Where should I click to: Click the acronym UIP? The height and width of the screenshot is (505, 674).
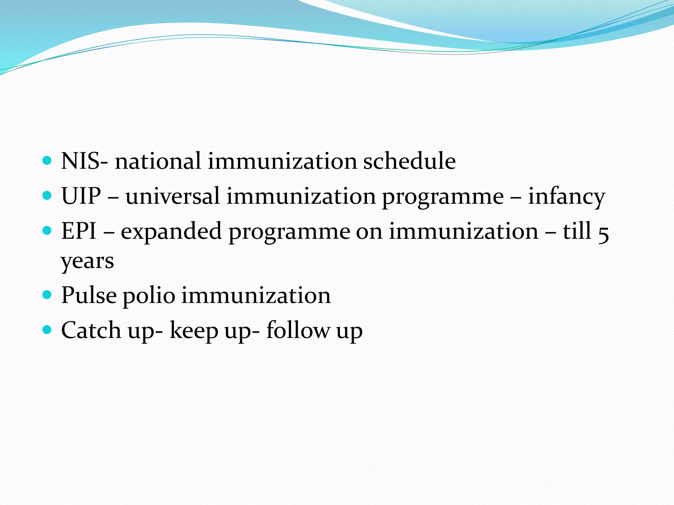(x=81, y=196)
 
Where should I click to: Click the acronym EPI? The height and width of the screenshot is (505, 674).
(x=79, y=231)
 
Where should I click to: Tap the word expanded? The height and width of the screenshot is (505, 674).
(x=171, y=232)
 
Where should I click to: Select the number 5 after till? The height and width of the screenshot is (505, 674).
(x=603, y=233)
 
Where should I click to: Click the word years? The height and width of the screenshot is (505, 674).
(x=88, y=262)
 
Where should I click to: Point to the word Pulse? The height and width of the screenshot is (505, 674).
(x=89, y=295)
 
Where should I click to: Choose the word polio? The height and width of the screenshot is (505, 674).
(x=149, y=296)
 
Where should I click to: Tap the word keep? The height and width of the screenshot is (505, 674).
(x=194, y=331)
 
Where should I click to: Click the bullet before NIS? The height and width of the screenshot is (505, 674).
(x=47, y=161)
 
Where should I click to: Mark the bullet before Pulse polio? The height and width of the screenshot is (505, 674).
(x=47, y=294)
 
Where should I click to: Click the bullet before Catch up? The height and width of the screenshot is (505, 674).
(x=47, y=329)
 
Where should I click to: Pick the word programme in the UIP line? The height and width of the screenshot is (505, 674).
(x=443, y=197)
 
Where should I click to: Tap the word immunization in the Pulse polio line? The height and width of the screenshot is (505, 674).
(x=256, y=295)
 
